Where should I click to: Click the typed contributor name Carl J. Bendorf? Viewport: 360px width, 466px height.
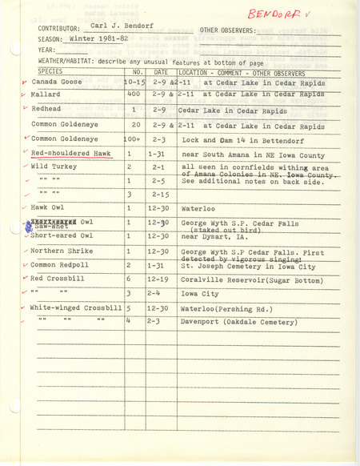pos(101,26)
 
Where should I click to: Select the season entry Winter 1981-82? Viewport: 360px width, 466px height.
pos(89,38)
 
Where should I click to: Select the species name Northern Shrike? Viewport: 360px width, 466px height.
pos(60,251)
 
